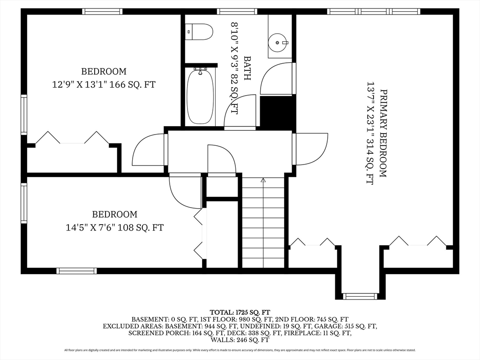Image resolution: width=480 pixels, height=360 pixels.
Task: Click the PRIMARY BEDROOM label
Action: tap(383, 133)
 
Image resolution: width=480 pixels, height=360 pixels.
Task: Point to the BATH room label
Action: tap(247, 68)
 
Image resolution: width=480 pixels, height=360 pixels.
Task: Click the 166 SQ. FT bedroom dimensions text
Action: tap(104, 84)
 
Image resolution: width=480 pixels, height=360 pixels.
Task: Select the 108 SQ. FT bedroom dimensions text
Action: tap(115, 227)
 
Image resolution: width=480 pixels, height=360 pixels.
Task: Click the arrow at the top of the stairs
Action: tap(263, 180)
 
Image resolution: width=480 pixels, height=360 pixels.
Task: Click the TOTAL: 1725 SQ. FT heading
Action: tap(240, 312)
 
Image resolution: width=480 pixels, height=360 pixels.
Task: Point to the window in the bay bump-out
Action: tap(360, 296)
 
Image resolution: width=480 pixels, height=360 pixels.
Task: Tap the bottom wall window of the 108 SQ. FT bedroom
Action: tap(76, 271)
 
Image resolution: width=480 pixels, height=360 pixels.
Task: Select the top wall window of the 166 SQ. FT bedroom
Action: tap(102, 12)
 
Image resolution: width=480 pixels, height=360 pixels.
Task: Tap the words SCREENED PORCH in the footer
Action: tap(159, 333)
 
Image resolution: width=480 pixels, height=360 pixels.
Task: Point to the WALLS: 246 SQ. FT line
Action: tap(240, 340)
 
